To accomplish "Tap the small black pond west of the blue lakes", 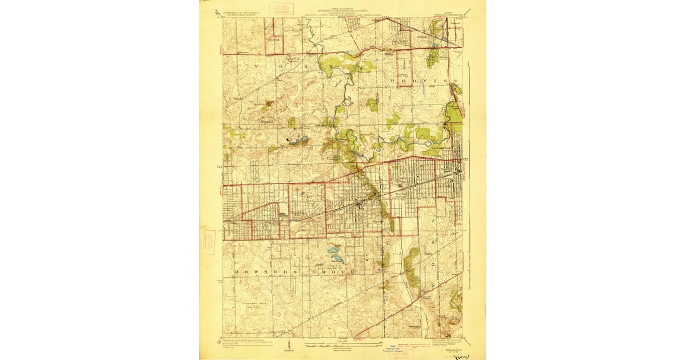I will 286,138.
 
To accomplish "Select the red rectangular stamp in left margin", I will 209,242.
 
